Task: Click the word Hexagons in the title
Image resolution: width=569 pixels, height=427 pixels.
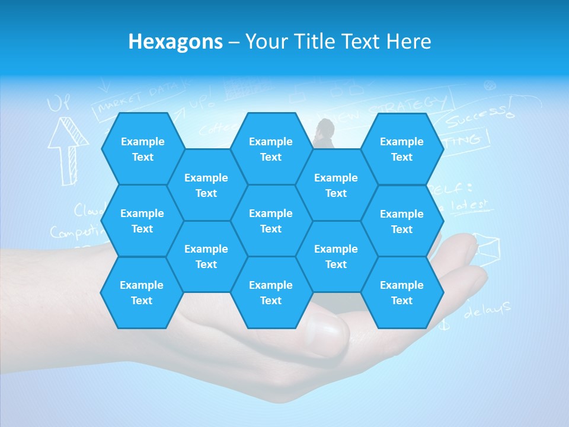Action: pyautogui.click(x=175, y=42)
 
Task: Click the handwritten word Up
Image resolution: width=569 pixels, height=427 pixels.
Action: pyautogui.click(x=59, y=104)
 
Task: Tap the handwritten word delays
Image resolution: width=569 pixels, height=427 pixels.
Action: pyautogui.click(x=487, y=310)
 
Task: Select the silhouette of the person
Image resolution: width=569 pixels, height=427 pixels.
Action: pyautogui.click(x=324, y=133)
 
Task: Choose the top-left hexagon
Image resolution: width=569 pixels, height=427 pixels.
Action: pyautogui.click(x=142, y=149)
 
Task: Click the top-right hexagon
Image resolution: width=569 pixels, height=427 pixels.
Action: pyautogui.click(x=402, y=149)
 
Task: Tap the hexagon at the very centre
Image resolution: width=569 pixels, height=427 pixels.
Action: pyautogui.click(x=271, y=221)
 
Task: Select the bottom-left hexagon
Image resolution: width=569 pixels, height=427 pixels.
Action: pyautogui.click(x=142, y=292)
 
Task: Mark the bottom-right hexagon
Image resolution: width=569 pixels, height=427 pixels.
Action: pyautogui.click(x=402, y=292)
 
